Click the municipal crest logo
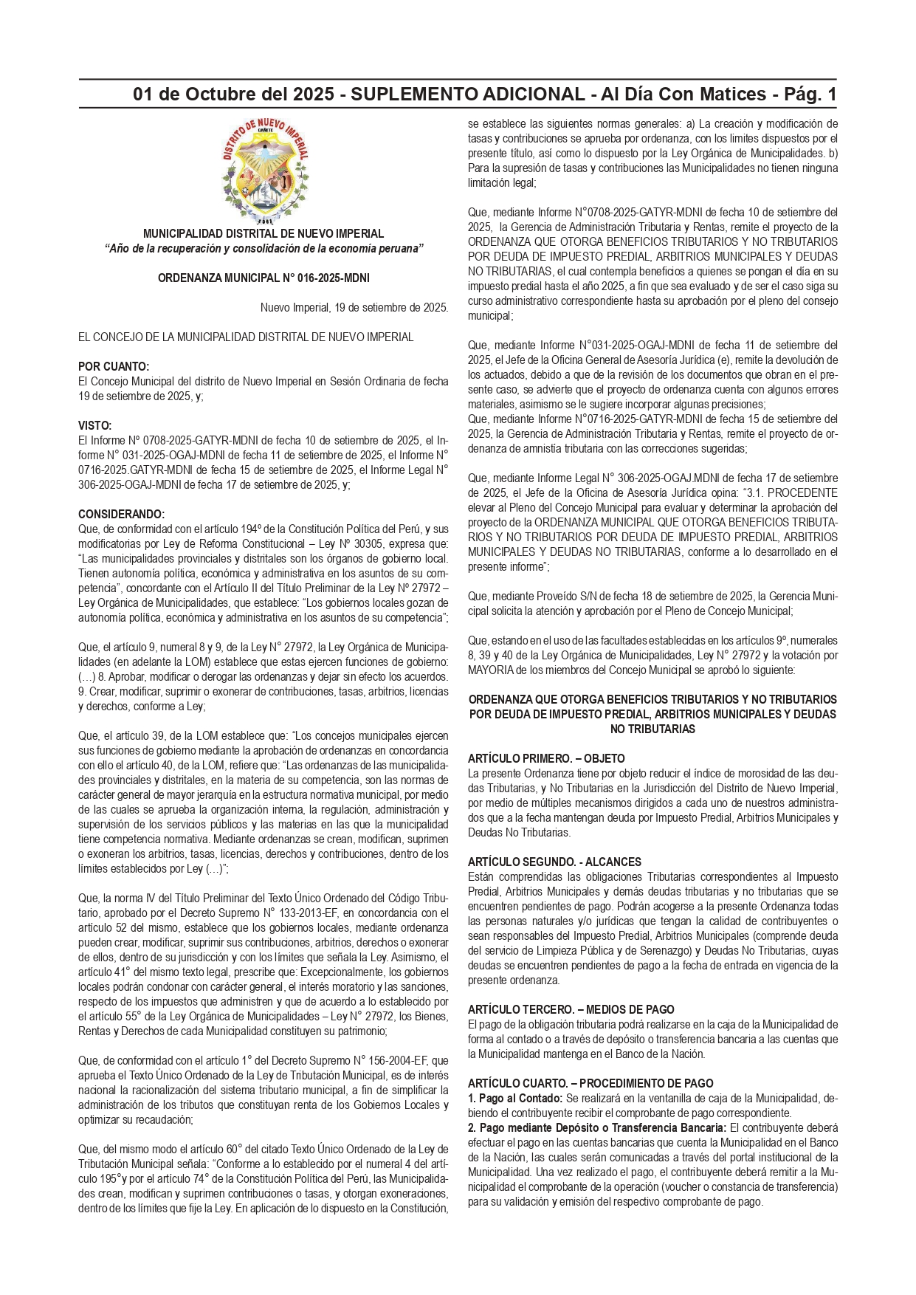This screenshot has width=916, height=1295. pyautogui.click(x=264, y=171)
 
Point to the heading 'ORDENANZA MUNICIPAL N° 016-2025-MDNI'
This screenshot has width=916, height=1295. pyautogui.click(x=264, y=278)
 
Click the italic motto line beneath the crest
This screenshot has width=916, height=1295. pyautogui.click(x=264, y=249)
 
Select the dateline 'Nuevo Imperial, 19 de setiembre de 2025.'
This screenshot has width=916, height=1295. pyautogui.click(x=354, y=308)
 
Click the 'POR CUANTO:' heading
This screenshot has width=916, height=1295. pyautogui.click(x=114, y=367)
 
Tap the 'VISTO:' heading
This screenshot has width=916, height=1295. pyautogui.click(x=95, y=426)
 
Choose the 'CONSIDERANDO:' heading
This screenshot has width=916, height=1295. pyautogui.click(x=122, y=515)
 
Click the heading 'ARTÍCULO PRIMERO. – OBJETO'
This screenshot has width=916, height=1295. pyautogui.click(x=546, y=758)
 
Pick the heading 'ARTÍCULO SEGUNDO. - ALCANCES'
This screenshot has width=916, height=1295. pyautogui.click(x=554, y=862)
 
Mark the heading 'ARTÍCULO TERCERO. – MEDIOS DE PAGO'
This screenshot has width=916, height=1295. pyautogui.click(x=571, y=1009)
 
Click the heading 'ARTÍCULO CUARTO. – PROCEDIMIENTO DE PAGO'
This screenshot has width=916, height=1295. pyautogui.click(x=590, y=1083)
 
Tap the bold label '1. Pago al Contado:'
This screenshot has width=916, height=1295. pyautogui.click(x=515, y=1098)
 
